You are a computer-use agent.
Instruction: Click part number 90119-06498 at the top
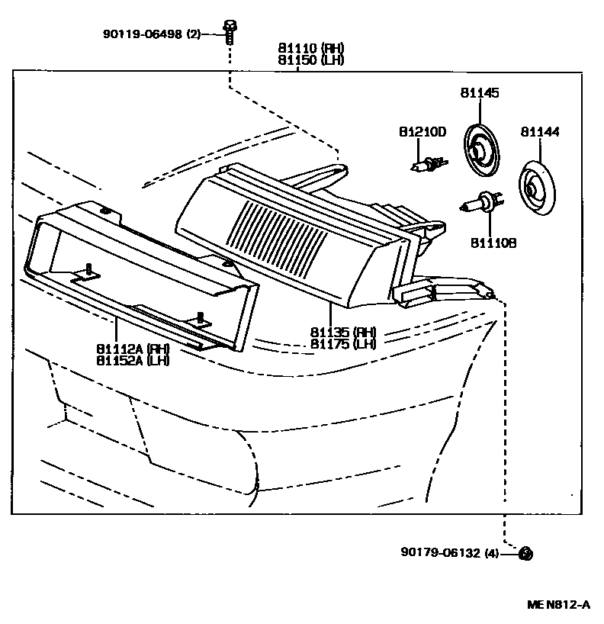[x=143, y=34]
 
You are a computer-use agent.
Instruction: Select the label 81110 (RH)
[x=310, y=48]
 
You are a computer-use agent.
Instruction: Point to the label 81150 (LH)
[x=310, y=60]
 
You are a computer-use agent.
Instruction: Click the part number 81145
[x=479, y=93]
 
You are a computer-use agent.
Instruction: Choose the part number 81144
[x=540, y=132]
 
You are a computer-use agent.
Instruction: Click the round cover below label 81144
[x=538, y=187]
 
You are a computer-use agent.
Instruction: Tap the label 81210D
[x=422, y=132]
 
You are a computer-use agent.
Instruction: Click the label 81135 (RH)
[x=343, y=333]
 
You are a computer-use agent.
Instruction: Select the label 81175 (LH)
[x=343, y=344]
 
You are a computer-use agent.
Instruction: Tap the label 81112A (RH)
[x=132, y=349]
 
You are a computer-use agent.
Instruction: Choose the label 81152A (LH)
[x=132, y=360]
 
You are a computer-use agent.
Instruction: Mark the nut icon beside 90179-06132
[x=525, y=554]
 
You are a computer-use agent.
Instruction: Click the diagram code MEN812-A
[x=558, y=605]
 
